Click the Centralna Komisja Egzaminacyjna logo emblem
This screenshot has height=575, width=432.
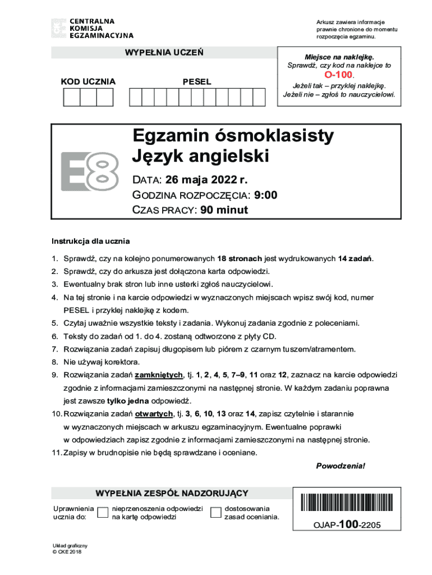tap(58, 28)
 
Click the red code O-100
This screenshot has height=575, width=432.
tap(338, 75)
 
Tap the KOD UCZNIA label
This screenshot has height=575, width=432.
tap(88, 82)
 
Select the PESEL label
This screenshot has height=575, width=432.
tap(197, 82)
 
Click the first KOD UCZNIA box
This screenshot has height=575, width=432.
tap(71, 98)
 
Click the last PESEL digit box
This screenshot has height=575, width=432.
tap(259, 98)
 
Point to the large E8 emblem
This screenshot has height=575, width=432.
tap(90, 170)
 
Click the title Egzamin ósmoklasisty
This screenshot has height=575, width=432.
tap(233, 136)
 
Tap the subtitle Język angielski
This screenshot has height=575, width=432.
tap(201, 156)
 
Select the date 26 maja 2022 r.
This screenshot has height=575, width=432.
tap(206, 180)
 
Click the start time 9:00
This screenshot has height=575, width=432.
tap(265, 195)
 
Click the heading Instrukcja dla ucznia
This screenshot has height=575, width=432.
tap(91, 241)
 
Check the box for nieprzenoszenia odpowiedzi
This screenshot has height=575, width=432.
tap(103, 512)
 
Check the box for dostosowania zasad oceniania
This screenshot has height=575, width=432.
tap(215, 512)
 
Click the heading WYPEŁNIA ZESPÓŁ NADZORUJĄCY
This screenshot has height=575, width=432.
tap(172, 494)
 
